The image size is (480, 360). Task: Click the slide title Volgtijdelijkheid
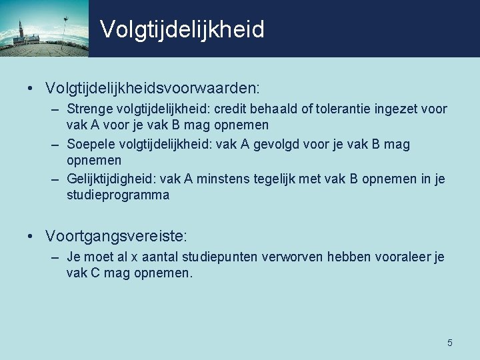(x=182, y=29)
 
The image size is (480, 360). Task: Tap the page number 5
(x=450, y=343)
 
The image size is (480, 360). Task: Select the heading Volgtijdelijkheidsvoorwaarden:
(x=153, y=88)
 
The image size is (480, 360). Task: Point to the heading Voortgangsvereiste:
(x=117, y=235)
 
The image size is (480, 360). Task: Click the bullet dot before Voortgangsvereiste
(x=31, y=236)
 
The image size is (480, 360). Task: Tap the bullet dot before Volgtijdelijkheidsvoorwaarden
(x=31, y=89)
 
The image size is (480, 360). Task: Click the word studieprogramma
(x=118, y=195)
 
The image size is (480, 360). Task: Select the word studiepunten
(x=226, y=257)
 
